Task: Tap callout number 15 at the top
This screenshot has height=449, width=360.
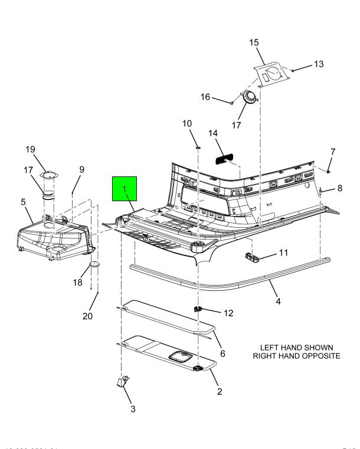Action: point(254,42)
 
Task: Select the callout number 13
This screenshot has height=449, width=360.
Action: point(318,64)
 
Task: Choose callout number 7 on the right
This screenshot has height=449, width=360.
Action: point(333,153)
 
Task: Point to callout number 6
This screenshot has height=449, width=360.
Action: point(222,352)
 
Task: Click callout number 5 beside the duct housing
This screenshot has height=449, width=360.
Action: point(23,202)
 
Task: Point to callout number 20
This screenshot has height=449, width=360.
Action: point(87,316)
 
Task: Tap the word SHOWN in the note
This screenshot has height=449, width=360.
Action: point(319,346)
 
